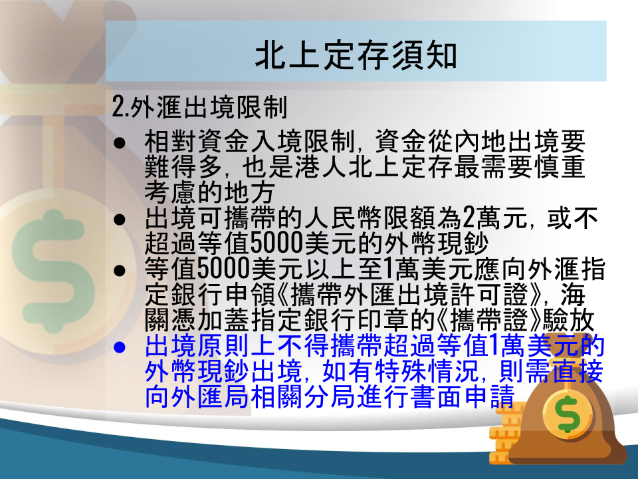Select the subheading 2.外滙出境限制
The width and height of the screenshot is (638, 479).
pyautogui.click(x=200, y=107)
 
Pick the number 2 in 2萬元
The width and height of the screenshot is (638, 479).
pyautogui.click(x=469, y=218)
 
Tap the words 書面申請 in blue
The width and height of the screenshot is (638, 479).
pyautogui.click(x=463, y=397)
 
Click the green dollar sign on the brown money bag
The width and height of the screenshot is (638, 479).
pyautogui.click(x=568, y=414)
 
